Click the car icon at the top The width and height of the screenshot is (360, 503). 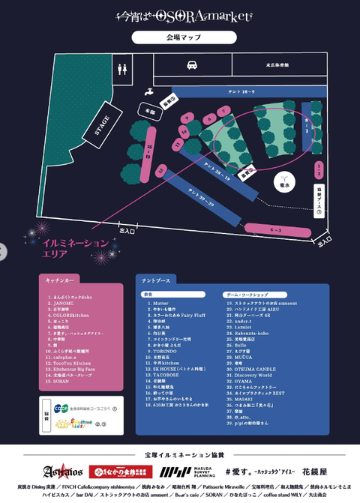coord(191,65)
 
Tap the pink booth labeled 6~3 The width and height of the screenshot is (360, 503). coord(275,229)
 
